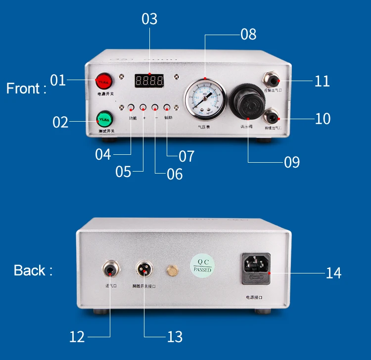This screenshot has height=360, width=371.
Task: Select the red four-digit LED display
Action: click(149, 81)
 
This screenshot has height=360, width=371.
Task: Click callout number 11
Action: click(322, 81)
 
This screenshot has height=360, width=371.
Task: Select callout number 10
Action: click(322, 119)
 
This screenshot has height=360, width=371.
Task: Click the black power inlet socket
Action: click(256, 269)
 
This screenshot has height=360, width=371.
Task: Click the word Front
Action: click(26, 89)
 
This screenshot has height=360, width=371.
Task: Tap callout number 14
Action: click(333, 272)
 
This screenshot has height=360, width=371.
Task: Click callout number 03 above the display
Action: click(149, 19)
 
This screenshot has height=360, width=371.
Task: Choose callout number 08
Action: click(248, 34)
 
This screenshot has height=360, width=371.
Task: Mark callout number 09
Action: click(292, 162)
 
